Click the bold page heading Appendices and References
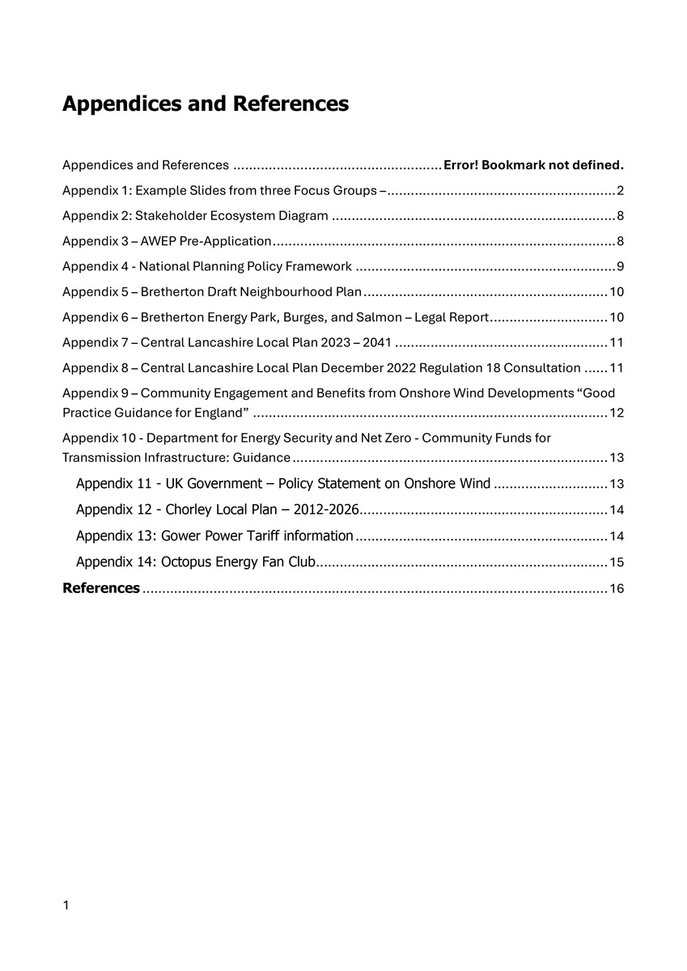point(206,104)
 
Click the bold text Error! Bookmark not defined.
point(534,165)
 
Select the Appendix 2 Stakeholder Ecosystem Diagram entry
point(195,216)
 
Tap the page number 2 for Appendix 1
point(620,191)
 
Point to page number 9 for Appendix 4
point(620,266)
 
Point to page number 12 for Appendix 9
point(617,413)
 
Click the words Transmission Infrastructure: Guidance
point(176,458)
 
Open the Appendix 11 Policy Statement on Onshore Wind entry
point(282,484)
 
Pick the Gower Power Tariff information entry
point(214,536)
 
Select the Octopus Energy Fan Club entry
point(195,562)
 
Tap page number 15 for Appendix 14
point(617,562)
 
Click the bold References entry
point(101,588)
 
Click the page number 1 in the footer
point(66,905)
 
